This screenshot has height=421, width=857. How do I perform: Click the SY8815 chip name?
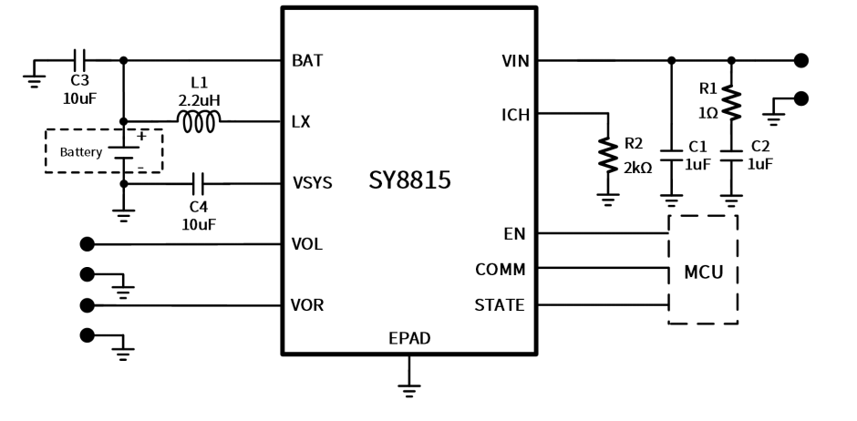coord(409,180)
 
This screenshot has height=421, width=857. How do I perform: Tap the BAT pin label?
coord(307,61)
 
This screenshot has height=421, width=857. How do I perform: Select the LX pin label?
coord(301,122)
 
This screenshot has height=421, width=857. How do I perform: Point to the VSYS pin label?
coord(312,183)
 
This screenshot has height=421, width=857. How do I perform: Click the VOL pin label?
coord(307,244)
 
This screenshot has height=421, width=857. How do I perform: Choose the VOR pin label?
coord(307,305)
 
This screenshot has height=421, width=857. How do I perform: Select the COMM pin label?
coord(500,270)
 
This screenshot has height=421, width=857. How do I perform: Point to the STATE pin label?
coord(500,305)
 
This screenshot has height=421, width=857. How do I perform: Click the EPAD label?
coord(409,339)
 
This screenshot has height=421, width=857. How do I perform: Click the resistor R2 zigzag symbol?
coord(607,154)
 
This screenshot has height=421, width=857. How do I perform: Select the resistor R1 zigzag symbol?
coord(731,102)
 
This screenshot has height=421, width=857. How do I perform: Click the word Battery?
coord(81,152)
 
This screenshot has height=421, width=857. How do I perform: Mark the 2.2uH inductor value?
coord(200,99)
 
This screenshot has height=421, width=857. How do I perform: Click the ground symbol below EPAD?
coord(409,387)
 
